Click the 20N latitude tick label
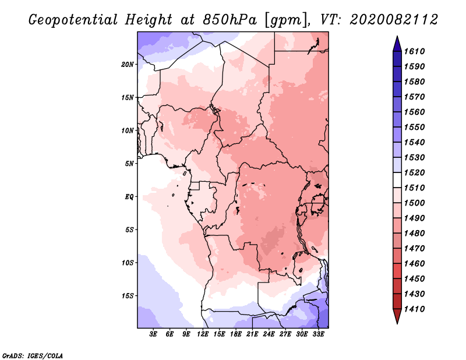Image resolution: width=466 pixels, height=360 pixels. pyautogui.click(x=128, y=65)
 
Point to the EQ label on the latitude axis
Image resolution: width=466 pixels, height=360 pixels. pyautogui.click(x=129, y=197)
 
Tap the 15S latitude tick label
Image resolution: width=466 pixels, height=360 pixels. pyautogui.click(x=128, y=296)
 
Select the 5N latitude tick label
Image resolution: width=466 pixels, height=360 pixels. pyautogui.click(x=129, y=164)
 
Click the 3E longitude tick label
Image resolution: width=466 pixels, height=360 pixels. pyautogui.click(x=153, y=334)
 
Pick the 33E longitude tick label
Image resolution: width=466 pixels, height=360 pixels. pyautogui.click(x=318, y=334)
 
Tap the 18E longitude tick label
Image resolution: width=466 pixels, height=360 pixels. pyautogui.click(x=236, y=334)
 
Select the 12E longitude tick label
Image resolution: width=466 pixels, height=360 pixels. pyautogui.click(x=203, y=334)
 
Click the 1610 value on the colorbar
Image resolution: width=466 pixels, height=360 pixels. pyautogui.click(x=414, y=51)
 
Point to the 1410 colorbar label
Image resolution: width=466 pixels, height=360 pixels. pyautogui.click(x=414, y=309)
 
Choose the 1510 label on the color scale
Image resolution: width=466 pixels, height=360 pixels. pyautogui.click(x=414, y=188)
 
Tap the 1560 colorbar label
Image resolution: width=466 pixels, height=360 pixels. pyautogui.click(x=414, y=112)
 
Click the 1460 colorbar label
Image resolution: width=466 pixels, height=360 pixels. pyautogui.click(x=414, y=264)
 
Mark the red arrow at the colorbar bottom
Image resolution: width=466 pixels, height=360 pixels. pyautogui.click(x=397, y=316)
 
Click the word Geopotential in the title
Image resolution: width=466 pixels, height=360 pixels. pyautogui.click(x=73, y=20)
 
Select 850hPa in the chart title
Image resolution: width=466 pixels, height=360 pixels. pyautogui.click(x=230, y=20)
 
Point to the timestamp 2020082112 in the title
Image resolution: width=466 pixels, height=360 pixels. pyautogui.click(x=394, y=20)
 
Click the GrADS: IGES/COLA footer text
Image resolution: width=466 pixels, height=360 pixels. pyautogui.click(x=33, y=356)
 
